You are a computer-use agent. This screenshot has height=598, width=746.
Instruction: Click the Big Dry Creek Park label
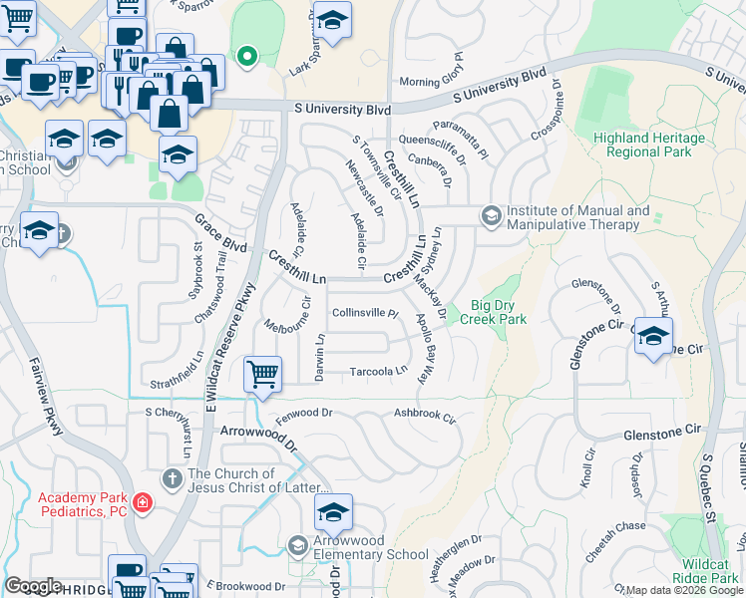[486, 313]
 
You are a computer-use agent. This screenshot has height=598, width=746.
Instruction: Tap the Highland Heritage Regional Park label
[662, 145]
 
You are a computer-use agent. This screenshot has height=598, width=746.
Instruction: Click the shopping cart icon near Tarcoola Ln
[261, 374]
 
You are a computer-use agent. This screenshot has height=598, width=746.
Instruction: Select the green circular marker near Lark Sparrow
[246, 55]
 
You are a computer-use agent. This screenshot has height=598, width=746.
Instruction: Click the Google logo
[33, 586]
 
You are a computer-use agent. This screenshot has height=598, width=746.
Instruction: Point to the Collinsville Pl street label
[364, 312]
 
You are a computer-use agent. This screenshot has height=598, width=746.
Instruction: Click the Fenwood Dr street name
[304, 412]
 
